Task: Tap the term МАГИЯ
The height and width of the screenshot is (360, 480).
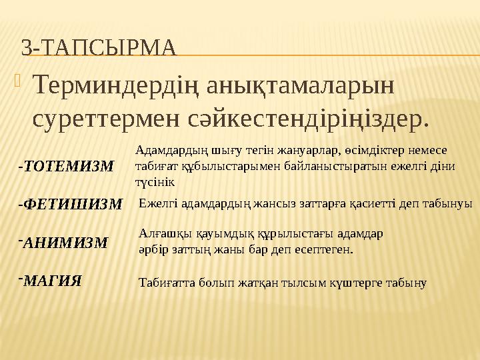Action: click(53, 281)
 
